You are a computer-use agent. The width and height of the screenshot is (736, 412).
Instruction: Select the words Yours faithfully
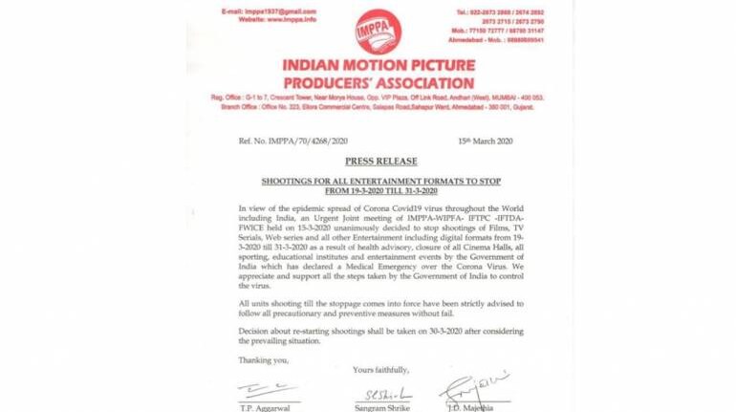pyautogui.click(x=380, y=369)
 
